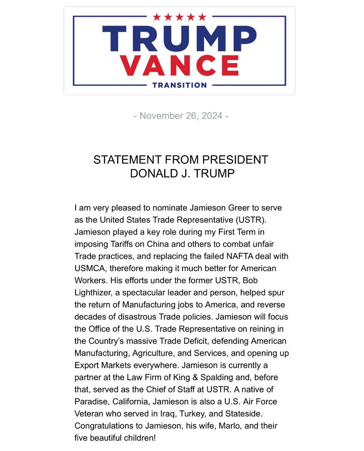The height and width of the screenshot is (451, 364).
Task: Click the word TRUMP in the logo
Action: tap(179, 39)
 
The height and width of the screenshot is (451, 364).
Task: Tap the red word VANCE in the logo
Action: tap(179, 65)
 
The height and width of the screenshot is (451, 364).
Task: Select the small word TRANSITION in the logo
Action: tap(179, 85)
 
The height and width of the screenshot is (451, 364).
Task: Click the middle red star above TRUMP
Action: tap(179, 17)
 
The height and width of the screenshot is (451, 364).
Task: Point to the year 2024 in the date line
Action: tap(212, 116)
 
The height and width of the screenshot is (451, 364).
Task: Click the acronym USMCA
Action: tap(91, 268)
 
